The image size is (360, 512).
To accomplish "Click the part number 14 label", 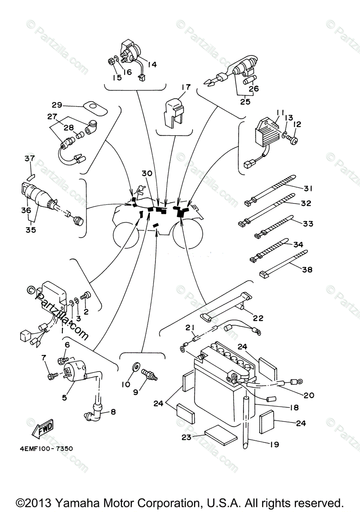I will [152, 65].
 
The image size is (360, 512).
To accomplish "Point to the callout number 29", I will [57, 105].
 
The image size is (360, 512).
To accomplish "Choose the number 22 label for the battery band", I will [270, 318].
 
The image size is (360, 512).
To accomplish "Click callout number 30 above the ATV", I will [147, 173].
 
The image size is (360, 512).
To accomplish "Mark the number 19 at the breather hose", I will [274, 445].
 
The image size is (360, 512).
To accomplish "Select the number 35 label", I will [30, 230].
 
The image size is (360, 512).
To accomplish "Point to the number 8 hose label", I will [113, 412].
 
